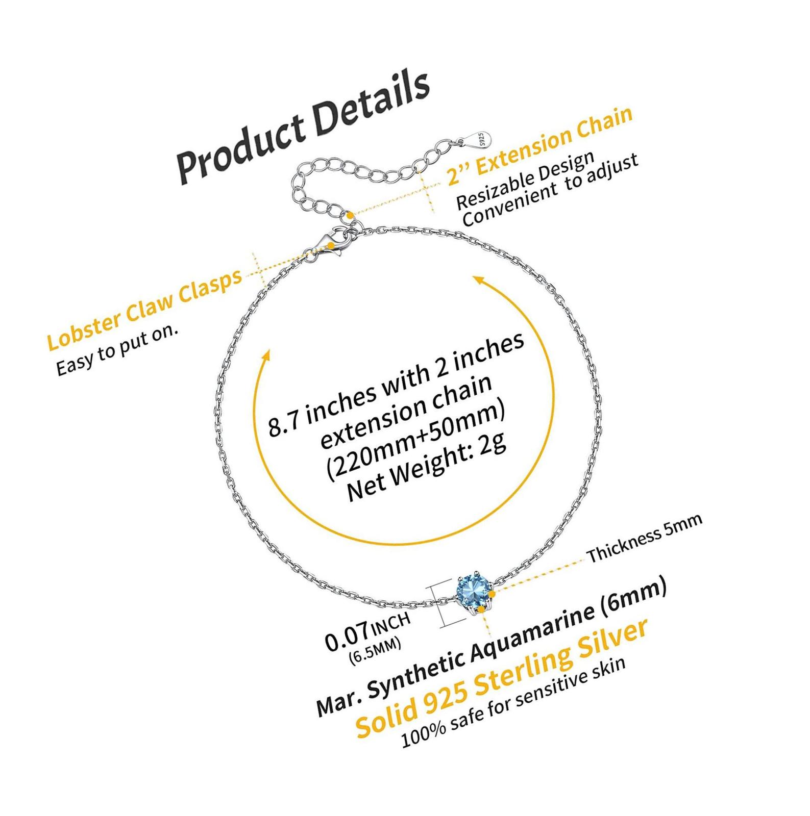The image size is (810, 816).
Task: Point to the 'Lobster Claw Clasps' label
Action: coord(144,309)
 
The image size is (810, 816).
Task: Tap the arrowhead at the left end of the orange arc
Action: coord(264,356)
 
